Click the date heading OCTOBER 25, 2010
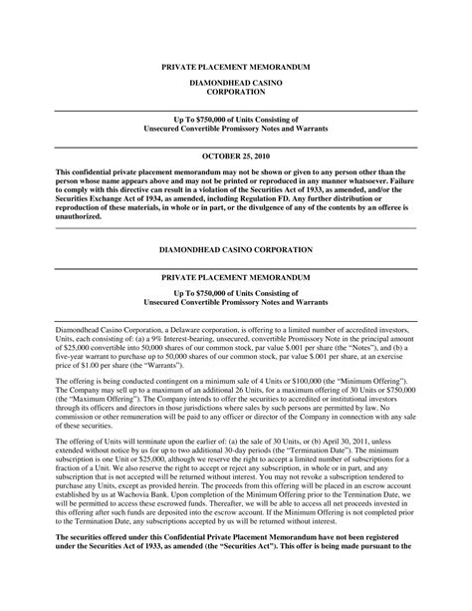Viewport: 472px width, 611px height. (235, 156)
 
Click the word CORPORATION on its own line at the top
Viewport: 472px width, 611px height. (235, 90)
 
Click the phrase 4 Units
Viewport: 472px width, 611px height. (255, 381)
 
